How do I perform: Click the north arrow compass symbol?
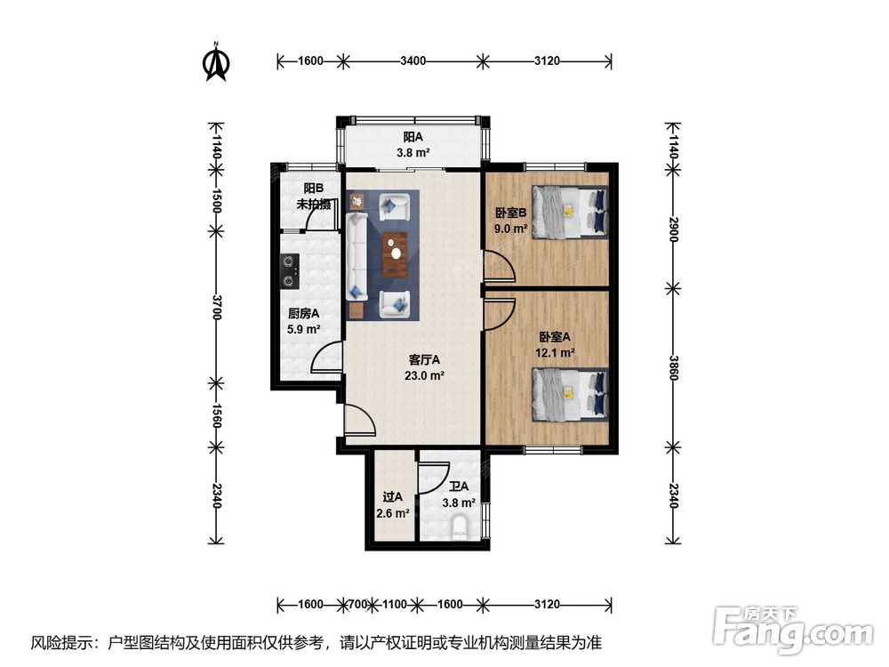[x=216, y=62]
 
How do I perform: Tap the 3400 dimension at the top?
[x=412, y=60]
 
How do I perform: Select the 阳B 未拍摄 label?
[x=314, y=197]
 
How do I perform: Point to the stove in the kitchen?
[x=290, y=270]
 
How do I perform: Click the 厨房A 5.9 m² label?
[x=304, y=321]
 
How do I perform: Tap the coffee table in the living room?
[x=396, y=254]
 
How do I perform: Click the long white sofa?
[x=356, y=256]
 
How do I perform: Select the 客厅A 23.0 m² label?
[x=424, y=367]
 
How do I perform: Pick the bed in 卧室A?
[x=570, y=395]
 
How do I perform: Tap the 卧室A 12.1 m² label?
[x=555, y=345]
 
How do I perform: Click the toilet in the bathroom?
[x=460, y=527]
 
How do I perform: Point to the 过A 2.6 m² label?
[x=392, y=505]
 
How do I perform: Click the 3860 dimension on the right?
[x=673, y=368]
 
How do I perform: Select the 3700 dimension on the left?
[x=216, y=307]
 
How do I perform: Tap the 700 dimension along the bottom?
[x=357, y=605]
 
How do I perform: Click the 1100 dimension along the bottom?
[x=394, y=605]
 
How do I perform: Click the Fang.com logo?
[x=793, y=630]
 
